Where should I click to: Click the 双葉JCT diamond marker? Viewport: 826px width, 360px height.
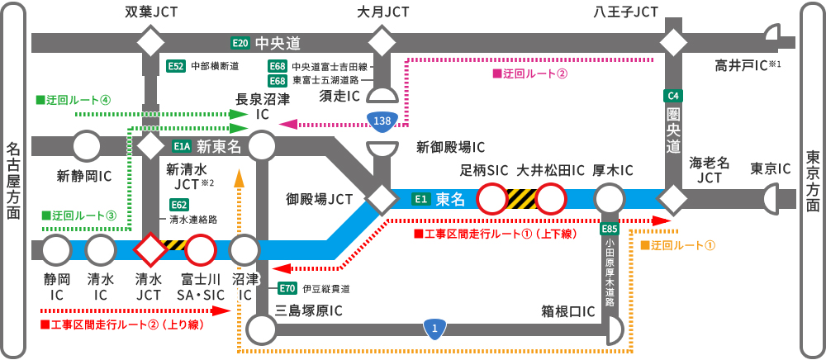click(151, 41)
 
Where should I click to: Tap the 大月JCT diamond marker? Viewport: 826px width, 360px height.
click(382, 41)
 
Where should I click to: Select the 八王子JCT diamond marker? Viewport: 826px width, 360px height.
click(673, 41)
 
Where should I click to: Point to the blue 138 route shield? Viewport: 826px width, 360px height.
click(382, 121)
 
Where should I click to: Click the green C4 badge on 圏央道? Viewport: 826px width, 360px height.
click(673, 96)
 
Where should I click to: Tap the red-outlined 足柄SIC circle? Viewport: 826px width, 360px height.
click(492, 199)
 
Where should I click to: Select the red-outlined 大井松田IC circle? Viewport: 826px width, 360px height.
click(550, 199)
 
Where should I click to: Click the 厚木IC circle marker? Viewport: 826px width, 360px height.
click(610, 199)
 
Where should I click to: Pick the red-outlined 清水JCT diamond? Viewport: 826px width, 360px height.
click(151, 248)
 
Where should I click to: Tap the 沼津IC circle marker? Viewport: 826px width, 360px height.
click(245, 248)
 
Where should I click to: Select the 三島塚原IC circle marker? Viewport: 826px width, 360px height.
click(262, 329)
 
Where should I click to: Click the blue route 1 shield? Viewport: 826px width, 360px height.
click(435, 329)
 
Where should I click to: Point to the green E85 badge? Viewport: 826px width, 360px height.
click(610, 229)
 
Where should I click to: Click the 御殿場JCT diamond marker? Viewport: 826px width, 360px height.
click(382, 199)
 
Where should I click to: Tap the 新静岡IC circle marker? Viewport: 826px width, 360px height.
click(87, 146)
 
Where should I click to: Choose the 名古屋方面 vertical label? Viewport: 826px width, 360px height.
click(14, 180)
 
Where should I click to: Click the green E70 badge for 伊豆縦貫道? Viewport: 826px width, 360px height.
click(287, 288)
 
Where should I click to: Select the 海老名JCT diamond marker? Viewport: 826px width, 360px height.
click(673, 199)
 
